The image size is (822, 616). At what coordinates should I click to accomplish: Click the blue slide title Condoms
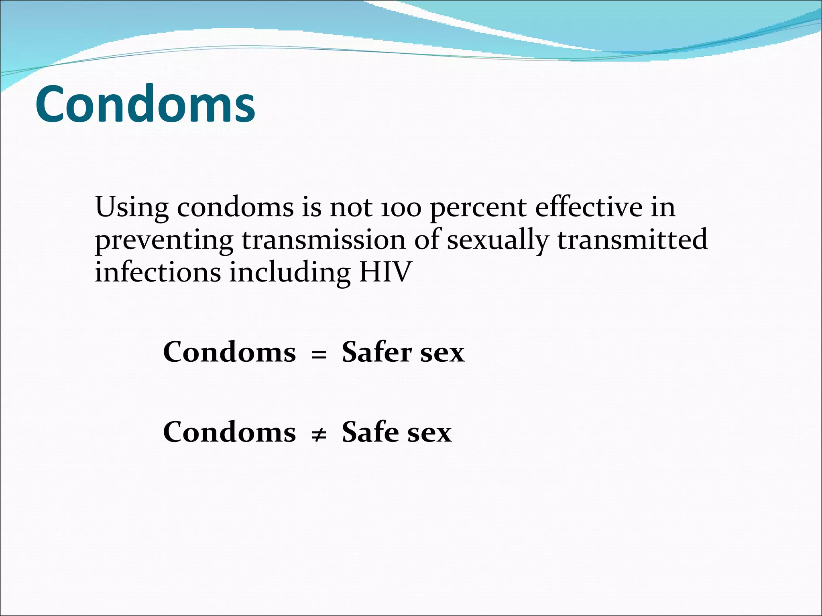tap(145, 104)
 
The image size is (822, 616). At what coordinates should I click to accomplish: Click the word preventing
tap(164, 241)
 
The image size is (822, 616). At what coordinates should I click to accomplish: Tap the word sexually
tap(498, 241)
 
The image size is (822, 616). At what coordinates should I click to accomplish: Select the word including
tap(290, 273)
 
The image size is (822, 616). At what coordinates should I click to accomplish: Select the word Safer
tap(377, 352)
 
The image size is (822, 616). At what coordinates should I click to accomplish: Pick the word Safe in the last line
tap(370, 432)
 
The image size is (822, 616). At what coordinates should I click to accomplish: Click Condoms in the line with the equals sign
tap(230, 352)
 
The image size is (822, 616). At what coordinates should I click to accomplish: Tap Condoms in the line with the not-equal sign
tap(230, 432)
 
